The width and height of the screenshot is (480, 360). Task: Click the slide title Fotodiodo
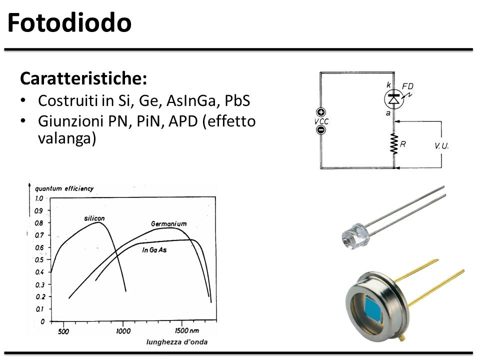point(69,22)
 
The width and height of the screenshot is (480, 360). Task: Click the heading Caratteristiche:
point(83,78)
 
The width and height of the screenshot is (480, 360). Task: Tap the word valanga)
point(67,138)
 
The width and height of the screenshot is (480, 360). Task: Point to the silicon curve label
point(94,218)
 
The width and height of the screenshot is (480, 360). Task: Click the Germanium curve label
point(168,224)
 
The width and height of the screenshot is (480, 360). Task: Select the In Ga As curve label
point(154,250)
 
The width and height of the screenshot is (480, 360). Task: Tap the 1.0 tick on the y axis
point(39,198)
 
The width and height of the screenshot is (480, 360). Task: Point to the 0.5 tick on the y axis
point(39,260)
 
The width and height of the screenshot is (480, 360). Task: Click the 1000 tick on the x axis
point(123,331)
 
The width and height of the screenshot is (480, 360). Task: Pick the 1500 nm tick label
point(186,330)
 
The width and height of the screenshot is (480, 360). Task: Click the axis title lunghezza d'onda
point(177,342)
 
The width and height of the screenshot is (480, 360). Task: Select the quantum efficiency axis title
point(64,188)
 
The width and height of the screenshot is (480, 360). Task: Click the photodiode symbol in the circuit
point(394,99)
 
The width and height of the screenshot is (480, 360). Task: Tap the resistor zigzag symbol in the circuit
point(394,143)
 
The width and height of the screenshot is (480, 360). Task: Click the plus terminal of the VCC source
point(321,112)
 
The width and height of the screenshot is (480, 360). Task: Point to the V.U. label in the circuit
point(441,146)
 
